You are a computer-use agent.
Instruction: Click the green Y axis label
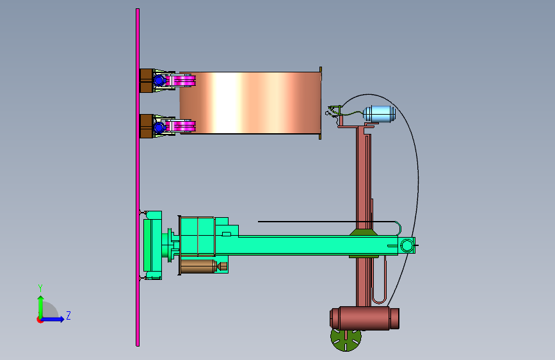[40, 288]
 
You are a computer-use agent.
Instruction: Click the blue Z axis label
[68, 315]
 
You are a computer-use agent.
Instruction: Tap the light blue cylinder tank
[380, 114]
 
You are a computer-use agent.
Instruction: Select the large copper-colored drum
[250, 102]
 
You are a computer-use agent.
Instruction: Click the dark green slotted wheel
[346, 340]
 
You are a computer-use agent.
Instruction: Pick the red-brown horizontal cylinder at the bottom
[365, 318]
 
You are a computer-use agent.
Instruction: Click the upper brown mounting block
[147, 81]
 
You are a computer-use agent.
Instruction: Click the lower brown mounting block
[147, 126]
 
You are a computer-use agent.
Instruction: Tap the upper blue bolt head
[159, 81]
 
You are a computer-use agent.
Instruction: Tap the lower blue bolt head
[159, 127]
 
